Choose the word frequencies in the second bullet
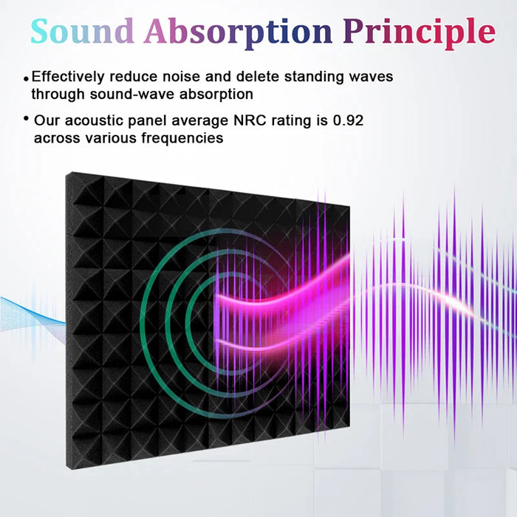click(x=184, y=138)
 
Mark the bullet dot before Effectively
click(x=27, y=78)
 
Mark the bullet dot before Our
click(x=27, y=119)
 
